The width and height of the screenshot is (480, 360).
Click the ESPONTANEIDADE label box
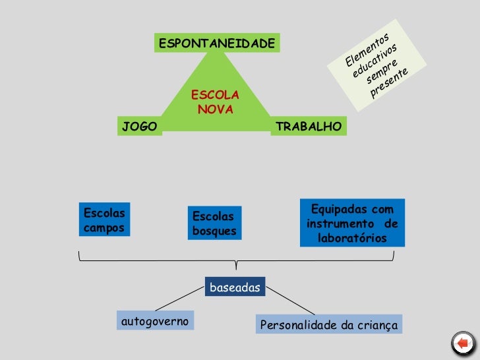coord(217,44)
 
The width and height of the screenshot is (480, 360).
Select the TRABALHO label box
coord(309,126)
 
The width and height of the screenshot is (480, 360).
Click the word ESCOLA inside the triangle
coord(215,96)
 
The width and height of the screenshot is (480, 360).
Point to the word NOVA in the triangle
coord(216,109)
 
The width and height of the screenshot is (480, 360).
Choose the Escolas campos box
coord(104,219)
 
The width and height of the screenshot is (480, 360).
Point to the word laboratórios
coord(352,238)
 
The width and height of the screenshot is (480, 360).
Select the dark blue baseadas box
coord(235,287)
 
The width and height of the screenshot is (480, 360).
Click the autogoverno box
coord(155,320)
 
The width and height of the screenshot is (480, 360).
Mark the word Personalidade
coord(298,325)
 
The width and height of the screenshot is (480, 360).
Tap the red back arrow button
coord(463,343)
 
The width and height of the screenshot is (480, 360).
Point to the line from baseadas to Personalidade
coord(290,301)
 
